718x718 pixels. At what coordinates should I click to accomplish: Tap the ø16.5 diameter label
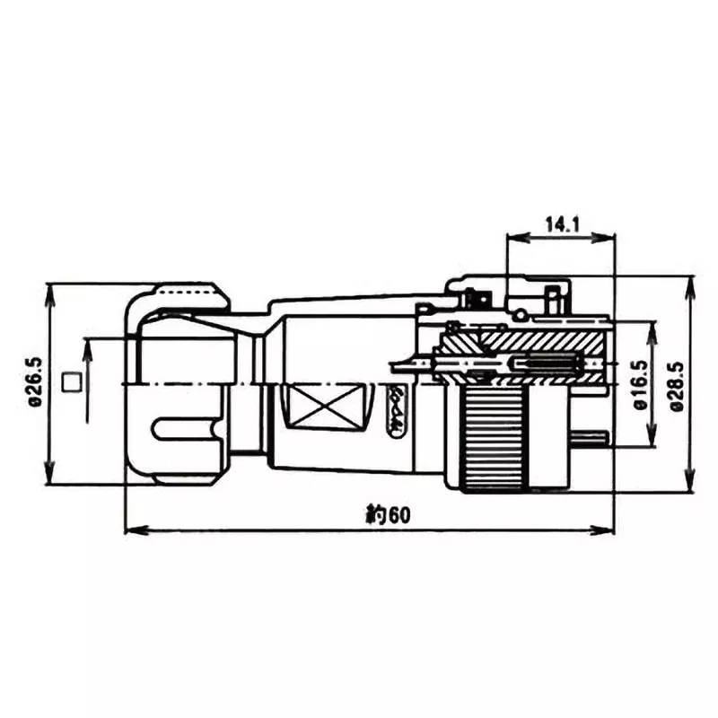pyautogui.click(x=639, y=385)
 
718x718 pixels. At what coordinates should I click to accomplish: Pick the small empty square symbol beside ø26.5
pyautogui.click(x=71, y=383)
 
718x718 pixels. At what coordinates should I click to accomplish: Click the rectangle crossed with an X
pyautogui.click(x=323, y=407)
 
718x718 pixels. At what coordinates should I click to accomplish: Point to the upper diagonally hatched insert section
pyautogui.click(x=538, y=342)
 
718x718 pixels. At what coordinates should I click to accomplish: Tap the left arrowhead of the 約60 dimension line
pyautogui.click(x=129, y=530)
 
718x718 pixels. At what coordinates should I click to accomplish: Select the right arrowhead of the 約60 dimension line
pyautogui.click(x=609, y=530)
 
